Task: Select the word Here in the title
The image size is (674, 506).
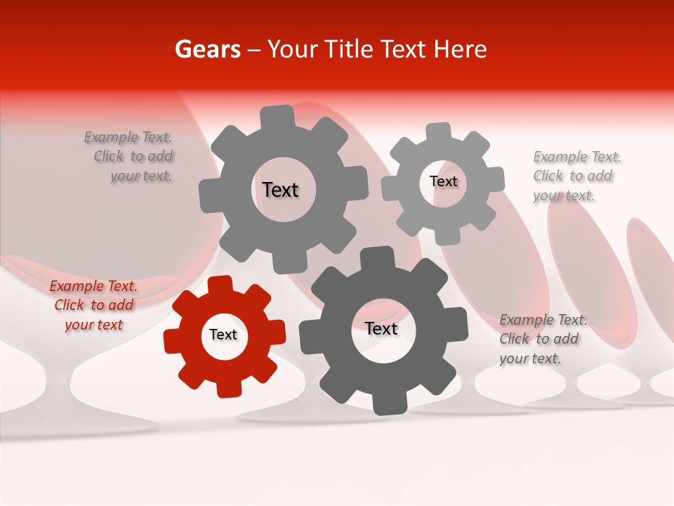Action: point(461,49)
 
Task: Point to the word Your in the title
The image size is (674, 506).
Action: point(293,49)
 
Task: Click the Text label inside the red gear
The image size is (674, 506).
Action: point(223,335)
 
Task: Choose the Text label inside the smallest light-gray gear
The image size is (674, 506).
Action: point(443,181)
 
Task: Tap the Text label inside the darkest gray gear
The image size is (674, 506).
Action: point(381,328)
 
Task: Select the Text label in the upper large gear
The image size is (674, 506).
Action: point(280,190)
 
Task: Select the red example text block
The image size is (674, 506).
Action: point(93,306)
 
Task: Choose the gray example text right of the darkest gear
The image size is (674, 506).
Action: point(543,339)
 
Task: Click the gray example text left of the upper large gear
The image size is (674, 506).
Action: point(129,157)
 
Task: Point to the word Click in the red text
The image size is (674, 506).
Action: point(70,305)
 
